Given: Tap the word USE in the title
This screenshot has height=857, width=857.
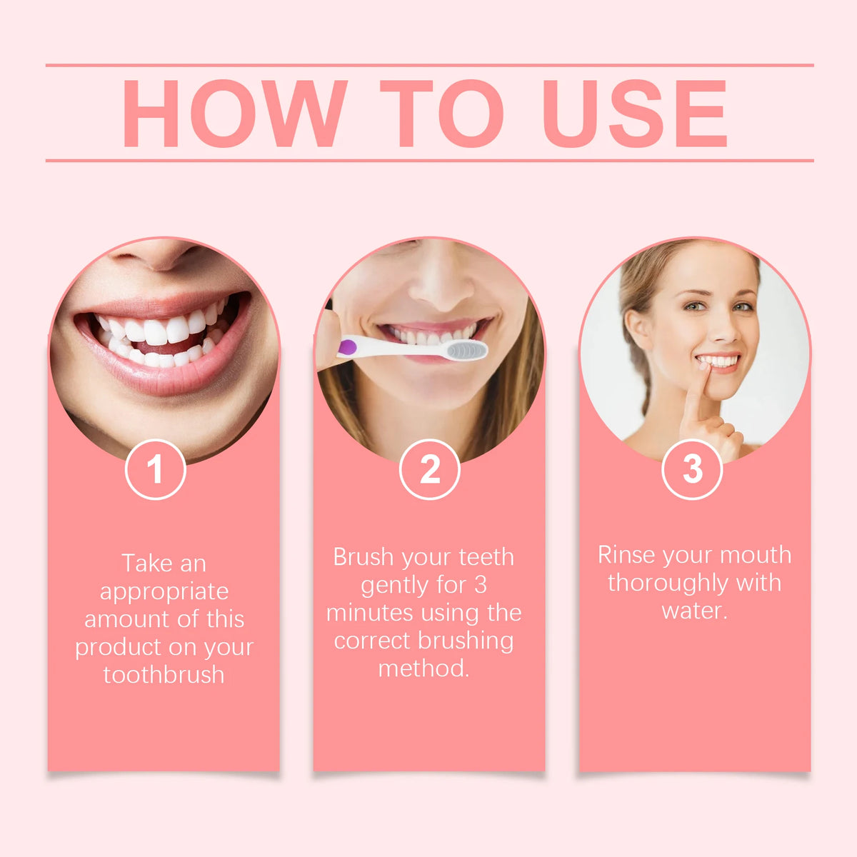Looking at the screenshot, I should click(634, 113).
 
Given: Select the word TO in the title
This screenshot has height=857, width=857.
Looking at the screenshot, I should click(441, 113).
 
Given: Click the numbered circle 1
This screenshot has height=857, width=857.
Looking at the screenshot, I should click(155, 469).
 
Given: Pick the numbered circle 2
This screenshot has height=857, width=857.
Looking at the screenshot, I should click(429, 469).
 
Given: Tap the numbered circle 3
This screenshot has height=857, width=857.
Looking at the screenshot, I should click(692, 469).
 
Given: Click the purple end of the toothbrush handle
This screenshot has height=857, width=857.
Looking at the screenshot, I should click(347, 347).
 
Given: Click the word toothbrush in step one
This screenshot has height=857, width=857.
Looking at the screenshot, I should click(164, 674).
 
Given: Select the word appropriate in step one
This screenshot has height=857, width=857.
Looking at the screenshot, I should click(164, 591).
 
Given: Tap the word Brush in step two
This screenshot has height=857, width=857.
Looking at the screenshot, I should click(363, 557).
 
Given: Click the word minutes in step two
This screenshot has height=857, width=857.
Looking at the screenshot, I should click(369, 613).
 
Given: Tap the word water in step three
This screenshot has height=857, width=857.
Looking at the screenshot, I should click(693, 611).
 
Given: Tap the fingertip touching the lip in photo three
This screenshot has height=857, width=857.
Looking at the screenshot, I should click(704, 369).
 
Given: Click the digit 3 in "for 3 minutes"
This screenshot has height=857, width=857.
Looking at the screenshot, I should click(480, 585).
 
